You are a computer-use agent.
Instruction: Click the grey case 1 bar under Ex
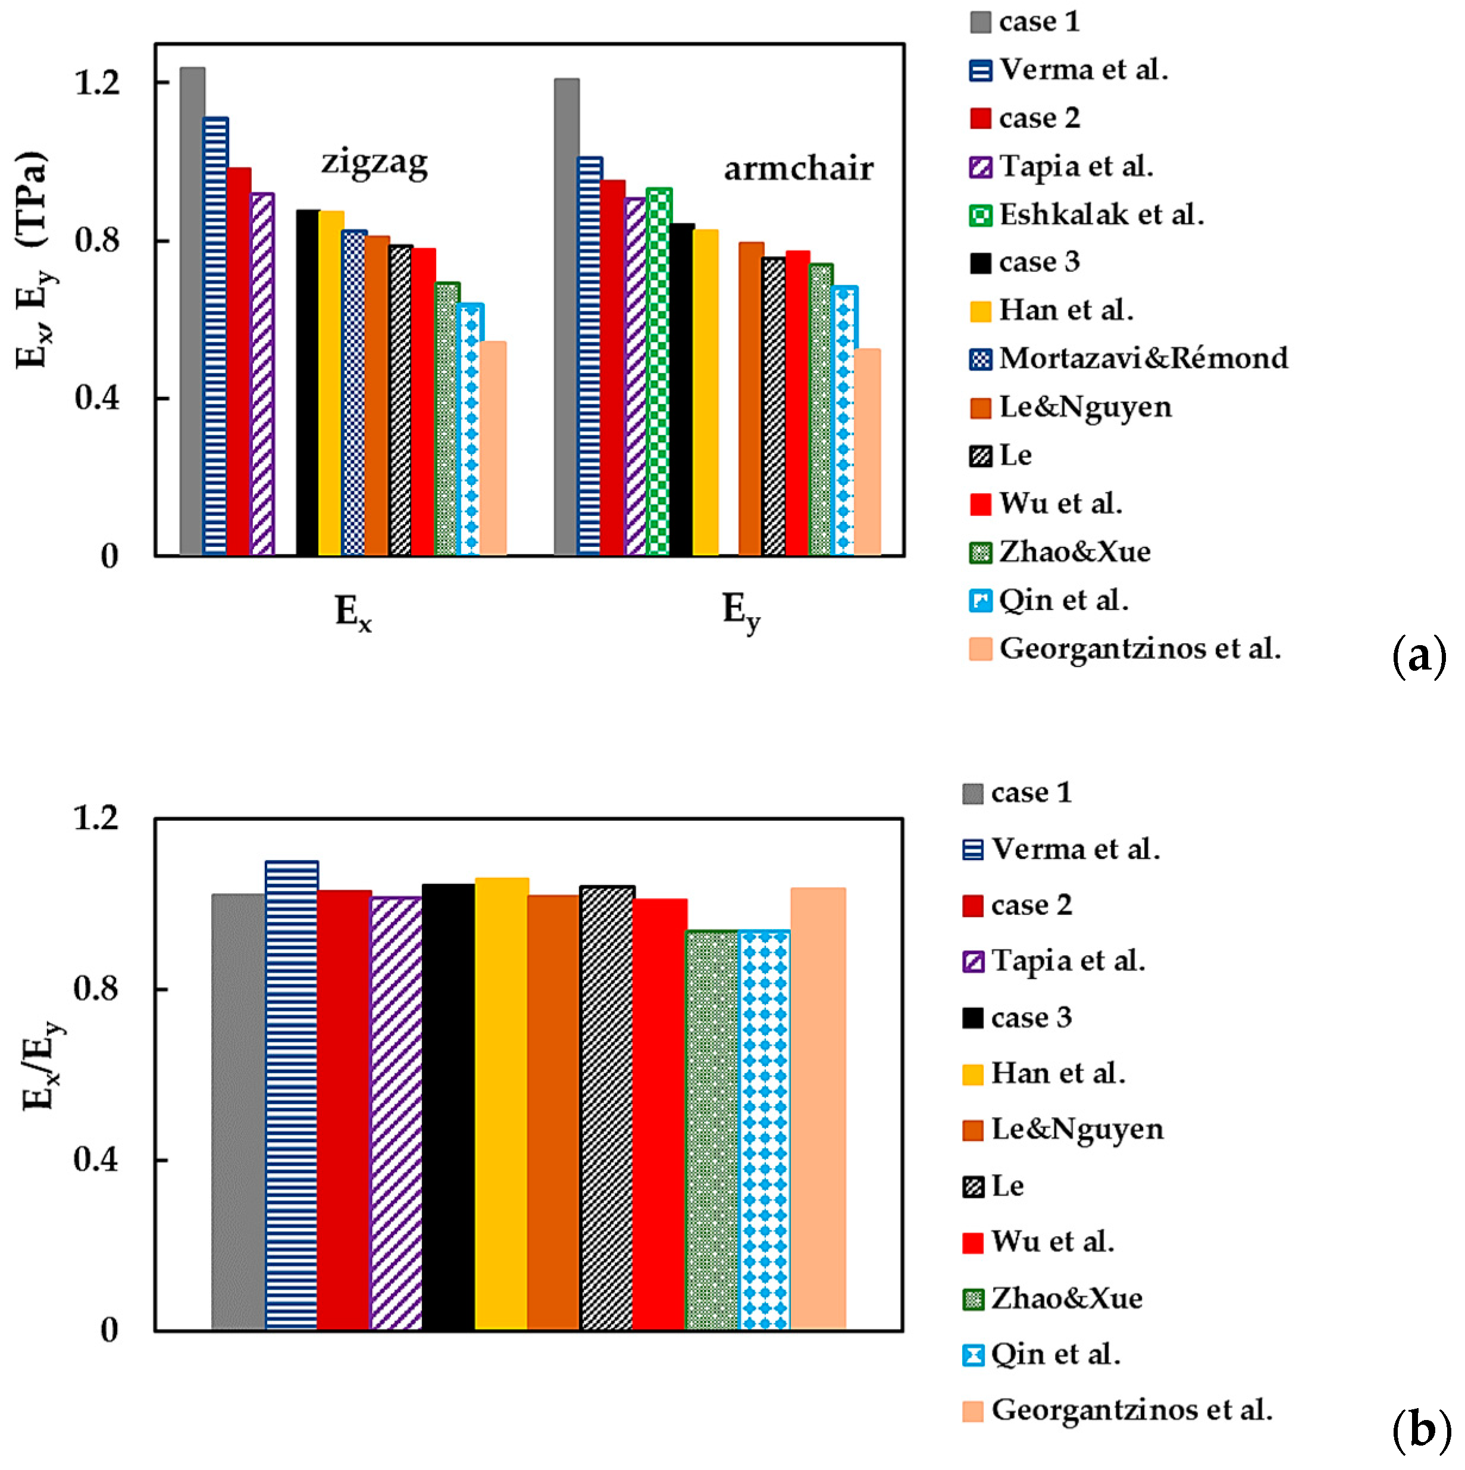[192, 312]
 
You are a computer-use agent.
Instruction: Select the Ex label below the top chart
[353, 612]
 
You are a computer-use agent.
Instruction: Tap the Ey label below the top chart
[740, 612]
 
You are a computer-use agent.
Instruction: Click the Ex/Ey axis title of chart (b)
[42, 1065]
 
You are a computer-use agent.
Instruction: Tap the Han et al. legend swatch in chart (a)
[981, 311]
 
